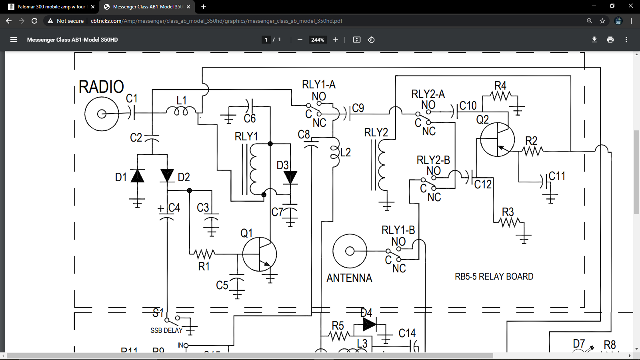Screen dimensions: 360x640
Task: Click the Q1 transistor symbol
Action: [259, 254]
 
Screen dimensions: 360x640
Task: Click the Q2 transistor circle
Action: [497, 139]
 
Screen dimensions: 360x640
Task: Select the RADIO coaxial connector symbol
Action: [102, 114]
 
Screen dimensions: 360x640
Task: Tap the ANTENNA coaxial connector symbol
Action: [350, 251]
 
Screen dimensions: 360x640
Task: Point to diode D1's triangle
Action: [137, 176]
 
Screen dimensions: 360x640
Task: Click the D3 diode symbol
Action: [290, 177]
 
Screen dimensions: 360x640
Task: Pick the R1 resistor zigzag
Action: [204, 253]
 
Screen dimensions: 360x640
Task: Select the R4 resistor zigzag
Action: [500, 96]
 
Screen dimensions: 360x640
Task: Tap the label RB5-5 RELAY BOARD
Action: [494, 276]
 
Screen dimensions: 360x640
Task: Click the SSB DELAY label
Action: [166, 330]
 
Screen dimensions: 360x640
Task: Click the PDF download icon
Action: [594, 40]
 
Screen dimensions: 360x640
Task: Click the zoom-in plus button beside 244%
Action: [335, 40]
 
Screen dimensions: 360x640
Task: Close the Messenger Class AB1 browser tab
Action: [188, 7]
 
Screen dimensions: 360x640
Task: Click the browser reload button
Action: [34, 21]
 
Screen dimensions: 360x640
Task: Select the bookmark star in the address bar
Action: [602, 21]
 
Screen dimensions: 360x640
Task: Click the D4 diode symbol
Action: [369, 324]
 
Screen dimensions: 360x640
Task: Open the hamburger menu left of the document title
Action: [14, 40]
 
